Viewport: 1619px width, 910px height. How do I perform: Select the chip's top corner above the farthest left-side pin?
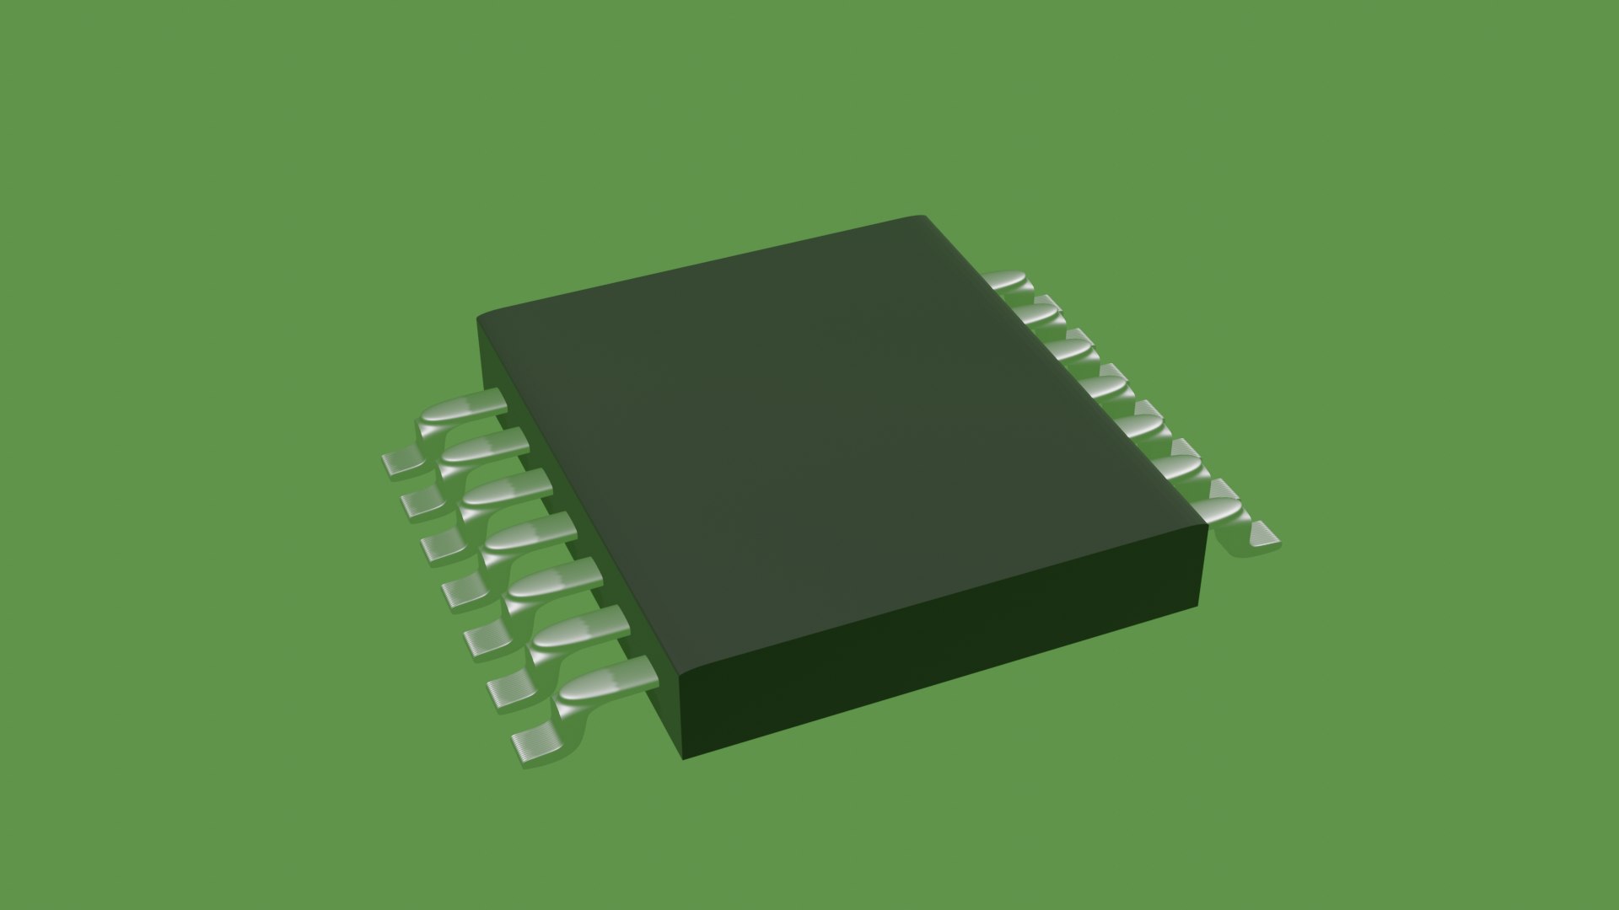click(x=481, y=318)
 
